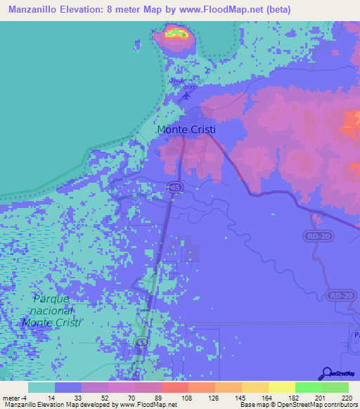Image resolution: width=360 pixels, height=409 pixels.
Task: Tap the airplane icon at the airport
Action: [186, 96]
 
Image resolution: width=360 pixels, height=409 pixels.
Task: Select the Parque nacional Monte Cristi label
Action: [51, 310]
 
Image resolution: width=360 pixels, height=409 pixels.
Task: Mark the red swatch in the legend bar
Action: [174, 387]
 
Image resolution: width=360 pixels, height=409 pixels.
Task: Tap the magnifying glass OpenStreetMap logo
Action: [326, 374]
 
